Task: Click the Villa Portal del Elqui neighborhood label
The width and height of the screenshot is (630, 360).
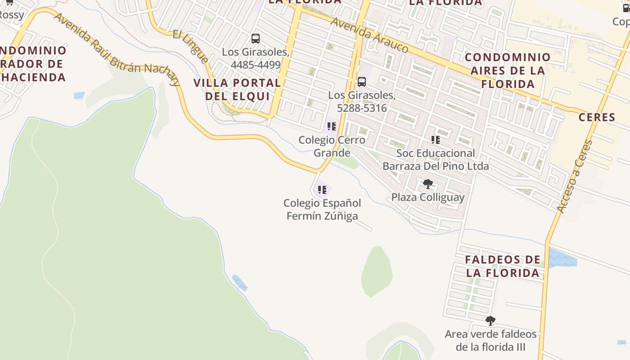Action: pyautogui.click(x=237, y=89)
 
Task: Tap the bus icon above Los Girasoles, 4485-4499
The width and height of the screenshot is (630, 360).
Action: pyautogui.click(x=256, y=39)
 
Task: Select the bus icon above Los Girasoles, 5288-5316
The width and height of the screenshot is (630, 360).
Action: pyautogui.click(x=362, y=82)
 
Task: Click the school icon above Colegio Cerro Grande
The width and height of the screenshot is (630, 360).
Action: pyautogui.click(x=332, y=126)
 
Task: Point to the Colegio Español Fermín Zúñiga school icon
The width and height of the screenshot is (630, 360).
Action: pyautogui.click(x=322, y=190)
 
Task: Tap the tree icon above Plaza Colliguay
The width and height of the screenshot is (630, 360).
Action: pyautogui.click(x=427, y=184)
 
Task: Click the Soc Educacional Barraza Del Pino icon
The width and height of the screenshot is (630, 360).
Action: pyautogui.click(x=435, y=140)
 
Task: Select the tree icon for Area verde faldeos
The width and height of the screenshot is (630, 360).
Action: pyautogui.click(x=490, y=321)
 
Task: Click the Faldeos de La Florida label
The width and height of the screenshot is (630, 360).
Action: pyautogui.click(x=502, y=266)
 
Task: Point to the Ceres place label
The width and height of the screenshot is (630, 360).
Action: pyautogui.click(x=597, y=117)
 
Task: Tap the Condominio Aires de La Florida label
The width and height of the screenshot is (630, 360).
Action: pyautogui.click(x=508, y=70)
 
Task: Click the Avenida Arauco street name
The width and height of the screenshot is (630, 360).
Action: pyautogui.click(x=369, y=35)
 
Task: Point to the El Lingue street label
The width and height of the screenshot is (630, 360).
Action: pyautogui.click(x=191, y=46)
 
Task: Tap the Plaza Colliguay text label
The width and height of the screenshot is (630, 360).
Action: pyautogui.click(x=427, y=197)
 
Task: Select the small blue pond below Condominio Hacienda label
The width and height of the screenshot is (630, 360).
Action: pyautogui.click(x=79, y=95)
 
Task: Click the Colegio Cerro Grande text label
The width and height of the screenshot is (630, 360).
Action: pyautogui.click(x=332, y=146)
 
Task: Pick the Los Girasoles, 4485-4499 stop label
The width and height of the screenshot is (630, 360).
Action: pyautogui.click(x=255, y=58)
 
